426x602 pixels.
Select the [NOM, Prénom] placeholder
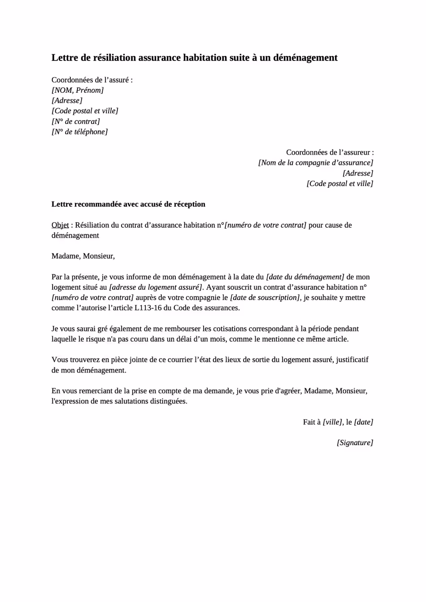tap(78, 90)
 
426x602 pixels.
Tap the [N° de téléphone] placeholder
tap(79, 132)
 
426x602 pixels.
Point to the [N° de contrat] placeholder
tap(75, 121)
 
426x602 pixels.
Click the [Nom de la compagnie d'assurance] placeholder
tap(315, 163)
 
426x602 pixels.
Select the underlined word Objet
tap(60, 225)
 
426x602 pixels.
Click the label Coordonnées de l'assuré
tap(91, 80)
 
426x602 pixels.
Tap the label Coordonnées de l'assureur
tap(330, 152)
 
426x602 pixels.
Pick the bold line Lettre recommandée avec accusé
tap(128, 204)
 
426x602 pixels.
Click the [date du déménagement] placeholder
tap(305, 277)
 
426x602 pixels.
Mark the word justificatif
tap(352, 359)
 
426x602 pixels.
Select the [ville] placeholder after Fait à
tap(333, 422)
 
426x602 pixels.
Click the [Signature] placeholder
tap(355, 443)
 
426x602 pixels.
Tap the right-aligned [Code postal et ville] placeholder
tap(339, 183)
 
